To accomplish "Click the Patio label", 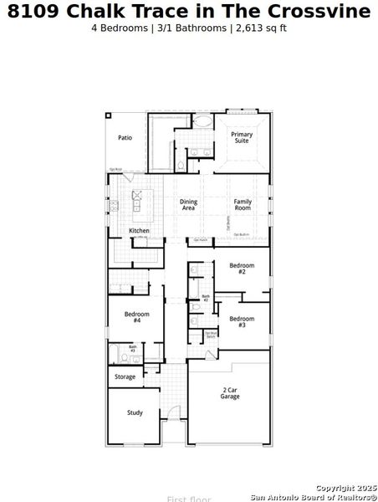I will [x=125, y=138].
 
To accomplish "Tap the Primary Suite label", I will [x=242, y=138].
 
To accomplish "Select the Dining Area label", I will [x=188, y=204].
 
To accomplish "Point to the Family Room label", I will [x=243, y=204].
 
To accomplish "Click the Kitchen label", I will [x=139, y=231].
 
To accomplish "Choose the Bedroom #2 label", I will [x=242, y=269].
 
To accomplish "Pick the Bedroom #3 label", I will [x=242, y=321].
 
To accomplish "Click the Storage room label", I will [x=125, y=377].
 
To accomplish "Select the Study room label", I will [x=135, y=412].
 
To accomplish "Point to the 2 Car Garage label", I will [x=230, y=393].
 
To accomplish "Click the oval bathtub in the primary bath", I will [x=202, y=121].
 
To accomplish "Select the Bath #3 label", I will [x=132, y=348].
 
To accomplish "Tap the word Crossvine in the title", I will [x=322, y=12].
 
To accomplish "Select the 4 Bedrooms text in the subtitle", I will [x=118, y=28].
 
